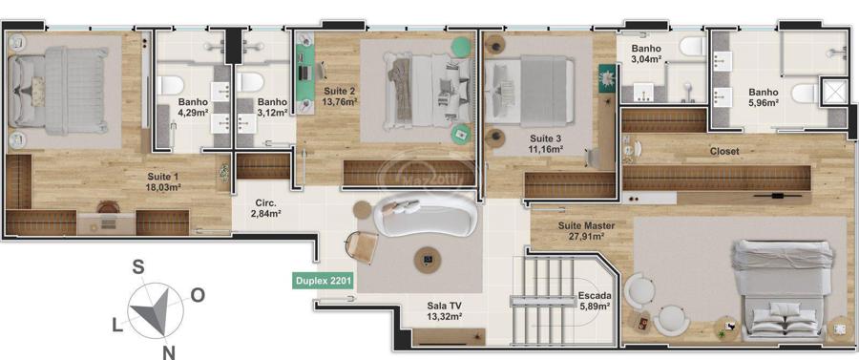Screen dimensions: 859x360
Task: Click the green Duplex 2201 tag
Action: (x=324, y=282)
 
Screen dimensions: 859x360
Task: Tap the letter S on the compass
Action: (x=139, y=266)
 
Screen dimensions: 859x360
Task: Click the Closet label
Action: (x=724, y=151)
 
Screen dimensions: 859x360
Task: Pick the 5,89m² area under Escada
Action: (x=594, y=307)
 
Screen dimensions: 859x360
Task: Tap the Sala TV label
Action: (x=444, y=306)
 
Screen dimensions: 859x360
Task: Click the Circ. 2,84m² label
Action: (x=265, y=207)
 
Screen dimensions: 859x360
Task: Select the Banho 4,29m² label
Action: (x=193, y=107)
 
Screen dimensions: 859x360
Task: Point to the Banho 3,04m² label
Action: (x=646, y=54)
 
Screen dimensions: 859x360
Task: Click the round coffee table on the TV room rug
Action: (x=428, y=259)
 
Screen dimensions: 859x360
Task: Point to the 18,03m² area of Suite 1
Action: (x=164, y=187)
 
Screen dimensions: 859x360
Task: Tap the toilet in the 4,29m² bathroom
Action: (x=171, y=85)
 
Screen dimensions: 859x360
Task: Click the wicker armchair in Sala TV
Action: (x=362, y=246)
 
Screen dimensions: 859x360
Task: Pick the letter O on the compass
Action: (x=198, y=296)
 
